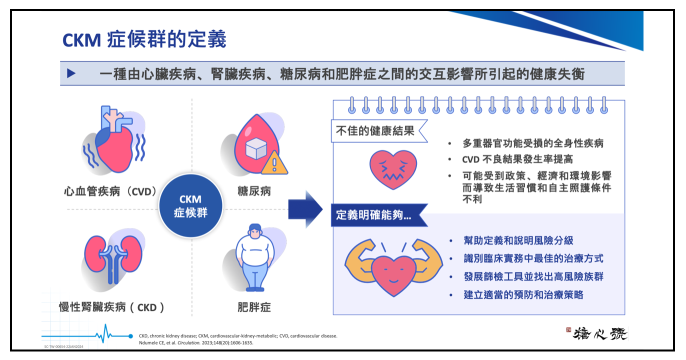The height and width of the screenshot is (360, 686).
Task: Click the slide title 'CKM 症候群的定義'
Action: (x=144, y=39)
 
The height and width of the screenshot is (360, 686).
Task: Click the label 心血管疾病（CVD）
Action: (x=110, y=191)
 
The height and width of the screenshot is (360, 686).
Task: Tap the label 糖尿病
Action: (x=254, y=191)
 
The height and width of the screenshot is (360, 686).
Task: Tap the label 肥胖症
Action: (x=254, y=307)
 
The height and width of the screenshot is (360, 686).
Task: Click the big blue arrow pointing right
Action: (x=305, y=209)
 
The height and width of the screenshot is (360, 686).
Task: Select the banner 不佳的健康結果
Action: (x=375, y=131)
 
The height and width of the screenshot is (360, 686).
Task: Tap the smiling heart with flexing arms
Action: (x=393, y=267)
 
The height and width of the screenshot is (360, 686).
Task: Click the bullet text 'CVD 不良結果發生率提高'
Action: (x=517, y=159)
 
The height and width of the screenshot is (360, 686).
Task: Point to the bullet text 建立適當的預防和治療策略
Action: (x=523, y=294)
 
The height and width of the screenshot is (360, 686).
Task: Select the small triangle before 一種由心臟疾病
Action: (x=71, y=73)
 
